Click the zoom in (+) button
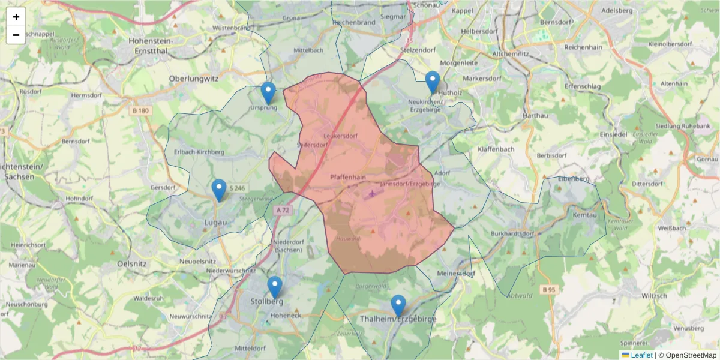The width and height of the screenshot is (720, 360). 16,17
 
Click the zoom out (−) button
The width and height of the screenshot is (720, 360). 16,35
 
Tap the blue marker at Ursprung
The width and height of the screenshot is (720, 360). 268,94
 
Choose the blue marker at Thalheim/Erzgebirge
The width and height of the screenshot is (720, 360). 398,306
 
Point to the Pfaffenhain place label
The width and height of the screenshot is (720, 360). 348,178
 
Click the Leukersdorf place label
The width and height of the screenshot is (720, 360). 340,136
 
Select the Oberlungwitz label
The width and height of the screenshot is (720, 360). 194,78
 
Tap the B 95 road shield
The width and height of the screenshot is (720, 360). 548,290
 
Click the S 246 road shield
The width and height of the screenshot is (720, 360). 237,188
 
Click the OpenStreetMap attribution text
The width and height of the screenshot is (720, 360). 687,355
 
